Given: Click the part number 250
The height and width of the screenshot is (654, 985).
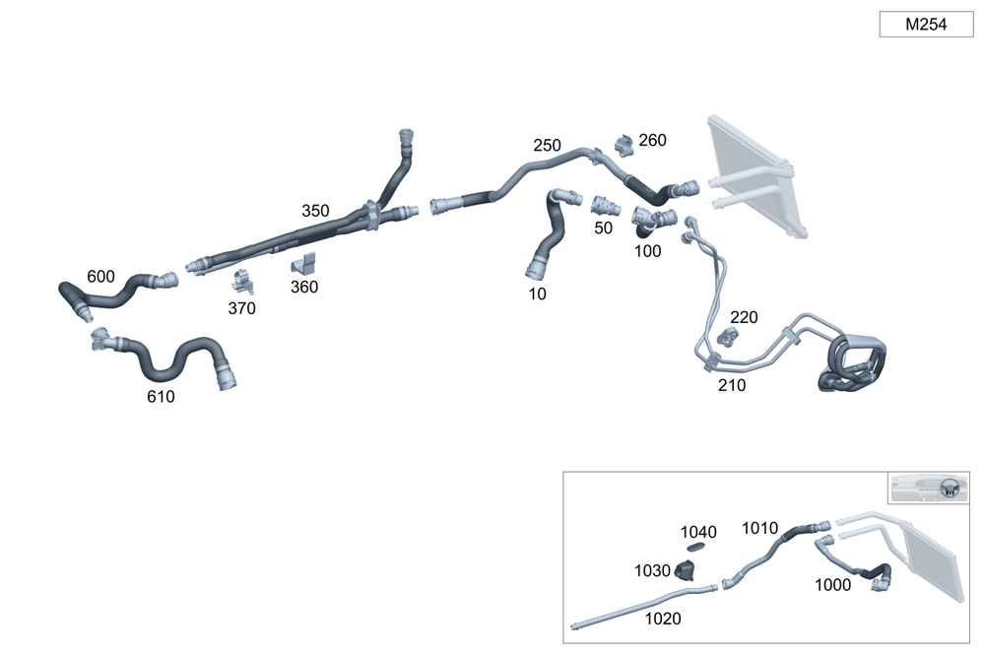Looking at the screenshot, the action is (547, 146).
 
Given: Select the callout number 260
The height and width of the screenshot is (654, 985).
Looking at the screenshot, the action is (652, 141).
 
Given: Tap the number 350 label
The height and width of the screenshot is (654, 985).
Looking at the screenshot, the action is (315, 211).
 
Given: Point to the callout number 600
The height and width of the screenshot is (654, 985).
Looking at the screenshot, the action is (100, 276).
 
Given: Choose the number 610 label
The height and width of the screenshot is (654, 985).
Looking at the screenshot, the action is (161, 397).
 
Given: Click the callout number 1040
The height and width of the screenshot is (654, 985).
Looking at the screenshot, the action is (698, 532).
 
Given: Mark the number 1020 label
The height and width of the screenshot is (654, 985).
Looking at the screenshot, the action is (662, 620).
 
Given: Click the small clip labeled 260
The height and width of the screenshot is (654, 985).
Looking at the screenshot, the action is (624, 145).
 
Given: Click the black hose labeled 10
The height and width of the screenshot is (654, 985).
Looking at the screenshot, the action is (547, 236).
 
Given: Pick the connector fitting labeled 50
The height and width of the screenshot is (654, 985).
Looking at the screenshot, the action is (604, 206).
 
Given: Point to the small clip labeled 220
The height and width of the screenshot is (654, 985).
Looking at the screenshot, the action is (730, 337).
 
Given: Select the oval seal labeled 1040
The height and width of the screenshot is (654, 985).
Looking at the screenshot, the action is (696, 547).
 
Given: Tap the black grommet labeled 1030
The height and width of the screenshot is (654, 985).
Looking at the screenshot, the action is (685, 569).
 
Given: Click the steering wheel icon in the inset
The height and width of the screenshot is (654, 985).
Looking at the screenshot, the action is (950, 488).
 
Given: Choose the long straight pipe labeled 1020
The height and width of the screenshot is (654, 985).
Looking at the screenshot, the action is (640, 603).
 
